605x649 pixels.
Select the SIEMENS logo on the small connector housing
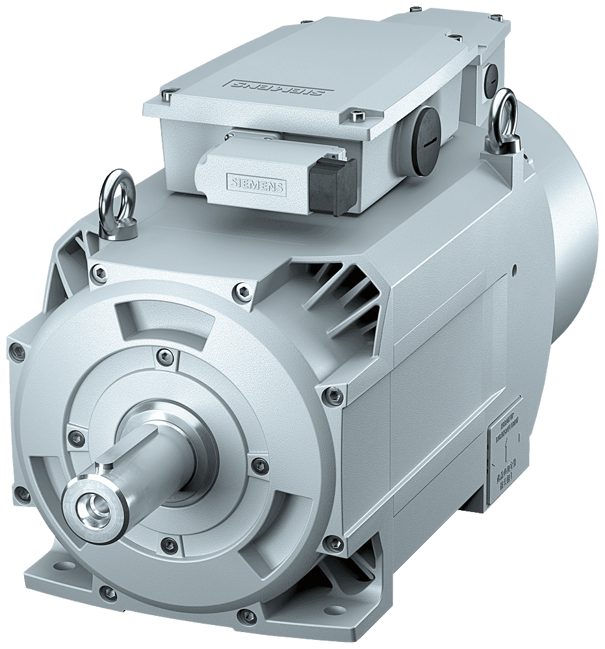255,184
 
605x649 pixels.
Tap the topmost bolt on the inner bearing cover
166,355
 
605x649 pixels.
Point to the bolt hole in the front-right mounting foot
246,615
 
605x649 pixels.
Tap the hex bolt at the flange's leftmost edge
18,352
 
